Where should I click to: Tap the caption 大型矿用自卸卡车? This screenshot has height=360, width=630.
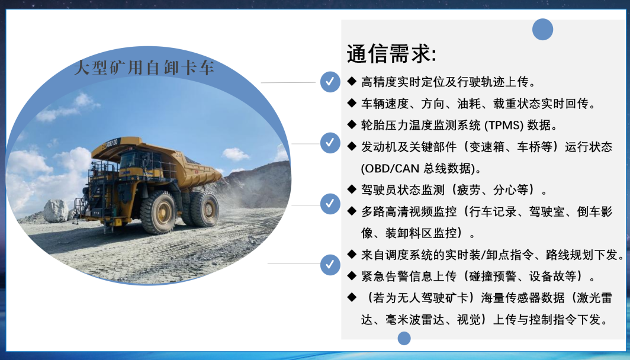(144, 67)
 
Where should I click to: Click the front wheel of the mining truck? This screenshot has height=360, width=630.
(158, 212)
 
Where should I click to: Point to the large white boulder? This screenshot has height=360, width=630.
(56, 211)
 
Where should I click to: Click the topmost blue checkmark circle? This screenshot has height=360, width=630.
(330, 82)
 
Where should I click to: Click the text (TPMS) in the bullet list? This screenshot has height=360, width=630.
(504, 126)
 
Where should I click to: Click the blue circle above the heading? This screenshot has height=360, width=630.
(542, 30)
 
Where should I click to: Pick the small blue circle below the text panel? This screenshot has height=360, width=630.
(404, 338)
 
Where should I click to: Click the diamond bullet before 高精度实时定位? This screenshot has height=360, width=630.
(352, 81)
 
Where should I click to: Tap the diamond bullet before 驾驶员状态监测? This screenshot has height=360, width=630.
(352, 189)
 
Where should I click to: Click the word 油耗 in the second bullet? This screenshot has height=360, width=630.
(469, 104)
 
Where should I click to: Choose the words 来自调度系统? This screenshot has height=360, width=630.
(397, 255)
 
